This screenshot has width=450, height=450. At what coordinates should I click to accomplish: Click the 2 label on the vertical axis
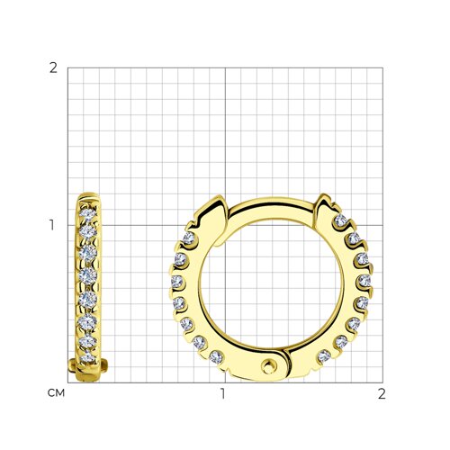click(53, 68)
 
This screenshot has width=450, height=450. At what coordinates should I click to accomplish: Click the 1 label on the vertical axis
click(52, 225)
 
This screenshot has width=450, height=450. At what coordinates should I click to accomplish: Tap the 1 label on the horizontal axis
click(222, 393)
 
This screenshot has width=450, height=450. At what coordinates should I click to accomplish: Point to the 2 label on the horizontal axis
click(382, 393)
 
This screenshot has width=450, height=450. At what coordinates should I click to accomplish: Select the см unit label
click(56, 393)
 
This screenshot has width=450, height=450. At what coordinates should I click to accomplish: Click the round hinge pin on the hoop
click(268, 366)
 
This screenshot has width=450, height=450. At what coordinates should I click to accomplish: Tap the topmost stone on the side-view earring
click(87, 213)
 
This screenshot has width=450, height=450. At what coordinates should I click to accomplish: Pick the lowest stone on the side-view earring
click(87, 357)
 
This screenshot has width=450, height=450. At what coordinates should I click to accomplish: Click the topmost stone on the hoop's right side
click(340, 220)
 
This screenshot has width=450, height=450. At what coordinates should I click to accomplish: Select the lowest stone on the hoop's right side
click(324, 356)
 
